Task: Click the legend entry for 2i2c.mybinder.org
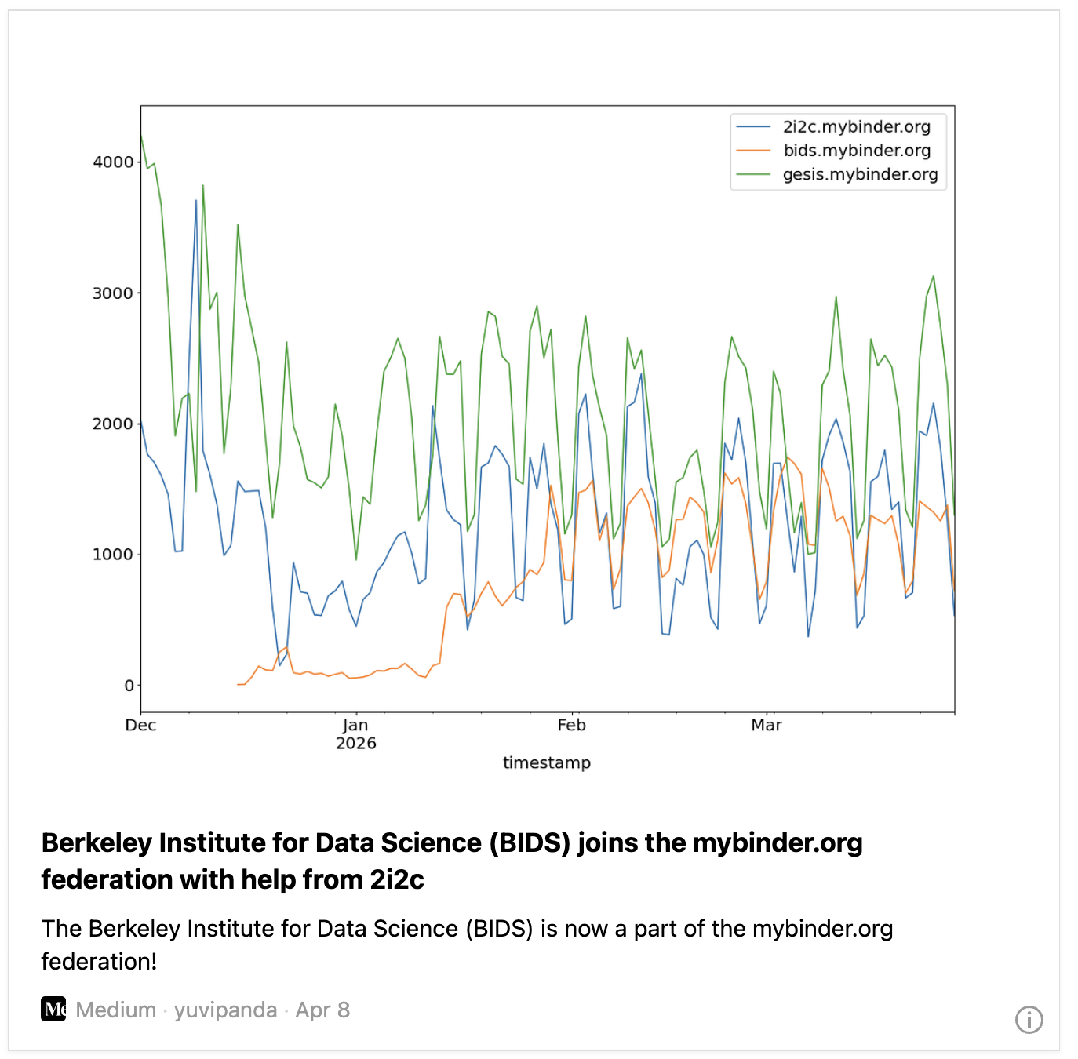tap(856, 127)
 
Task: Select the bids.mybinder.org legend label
tap(857, 151)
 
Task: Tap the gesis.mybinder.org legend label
tap(860, 175)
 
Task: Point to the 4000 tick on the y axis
tap(113, 162)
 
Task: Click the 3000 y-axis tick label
tap(113, 293)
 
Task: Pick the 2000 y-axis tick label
tap(113, 424)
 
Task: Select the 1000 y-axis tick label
tap(113, 555)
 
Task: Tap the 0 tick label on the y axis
tap(129, 686)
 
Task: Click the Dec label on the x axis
tap(140, 726)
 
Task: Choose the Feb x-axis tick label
tap(571, 726)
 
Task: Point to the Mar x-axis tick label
tap(766, 726)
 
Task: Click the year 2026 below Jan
tap(355, 744)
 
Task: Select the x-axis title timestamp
tap(547, 763)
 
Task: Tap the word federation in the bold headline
tap(106, 880)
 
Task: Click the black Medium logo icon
tap(53, 1010)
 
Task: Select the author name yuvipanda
tap(225, 1010)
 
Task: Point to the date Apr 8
tap(322, 1010)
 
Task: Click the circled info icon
tap(1029, 1020)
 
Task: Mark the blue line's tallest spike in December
tap(196, 200)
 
